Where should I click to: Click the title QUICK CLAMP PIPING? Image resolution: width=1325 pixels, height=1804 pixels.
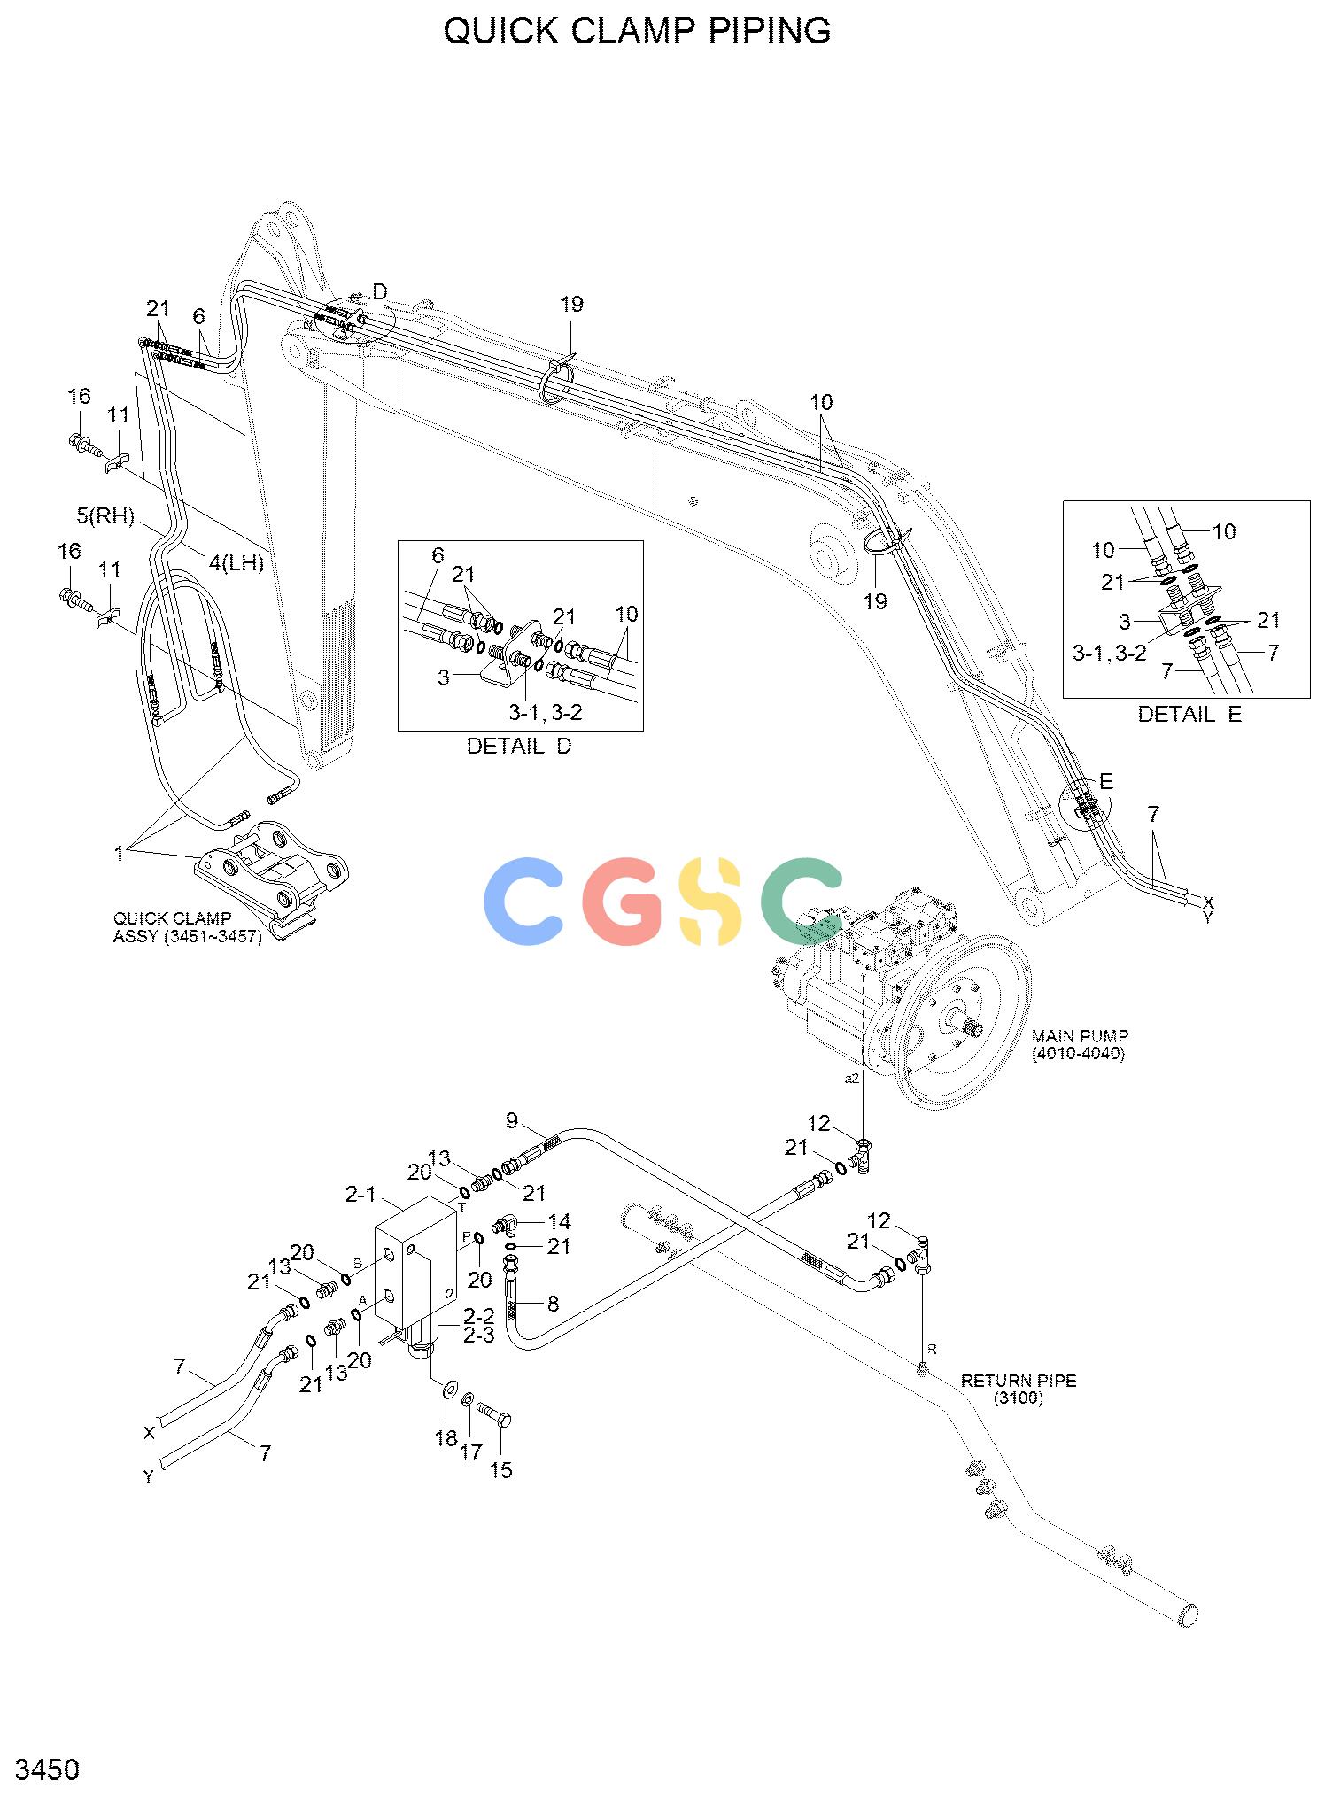637,31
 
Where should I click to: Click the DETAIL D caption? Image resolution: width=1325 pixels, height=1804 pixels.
519,747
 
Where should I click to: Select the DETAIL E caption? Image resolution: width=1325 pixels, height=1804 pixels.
1189,714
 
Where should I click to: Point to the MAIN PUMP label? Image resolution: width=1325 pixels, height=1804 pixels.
1080,1044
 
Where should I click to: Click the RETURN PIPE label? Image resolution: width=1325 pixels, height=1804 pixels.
1019,1389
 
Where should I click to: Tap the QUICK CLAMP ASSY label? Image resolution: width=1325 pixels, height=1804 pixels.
187,927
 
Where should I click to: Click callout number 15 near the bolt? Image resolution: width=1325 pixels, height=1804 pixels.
500,1470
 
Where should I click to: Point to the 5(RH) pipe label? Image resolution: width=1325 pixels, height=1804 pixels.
105,515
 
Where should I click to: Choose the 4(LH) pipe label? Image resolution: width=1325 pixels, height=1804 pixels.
236,561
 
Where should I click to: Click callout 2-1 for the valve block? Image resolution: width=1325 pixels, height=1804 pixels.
360,1195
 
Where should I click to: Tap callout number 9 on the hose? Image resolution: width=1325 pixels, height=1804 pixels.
511,1120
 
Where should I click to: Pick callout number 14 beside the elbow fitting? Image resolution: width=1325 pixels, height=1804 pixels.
559,1221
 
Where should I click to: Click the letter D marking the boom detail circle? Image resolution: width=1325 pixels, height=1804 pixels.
379,291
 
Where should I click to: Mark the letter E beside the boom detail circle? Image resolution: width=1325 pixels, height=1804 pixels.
1106,781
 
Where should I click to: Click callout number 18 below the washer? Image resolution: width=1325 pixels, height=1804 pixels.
446,1438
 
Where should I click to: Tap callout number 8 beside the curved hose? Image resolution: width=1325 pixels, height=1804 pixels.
553,1303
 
